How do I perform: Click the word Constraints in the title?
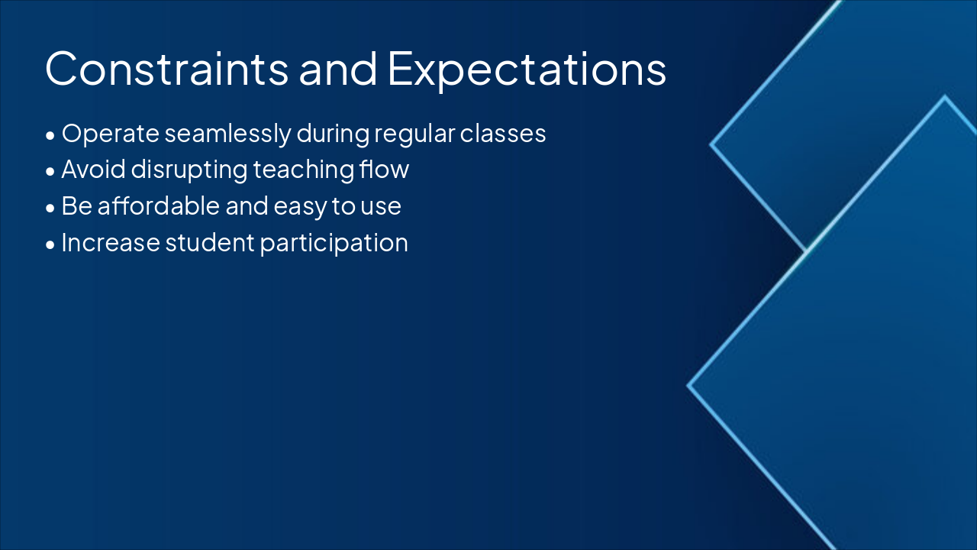click(x=166, y=69)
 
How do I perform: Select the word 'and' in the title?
click(x=338, y=69)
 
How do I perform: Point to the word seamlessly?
click(x=228, y=134)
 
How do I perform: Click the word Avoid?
click(x=94, y=170)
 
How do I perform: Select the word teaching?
click(x=304, y=170)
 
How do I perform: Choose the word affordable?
click(x=158, y=206)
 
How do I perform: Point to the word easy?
click(x=300, y=208)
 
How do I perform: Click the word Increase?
click(x=111, y=243)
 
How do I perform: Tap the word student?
click(x=210, y=243)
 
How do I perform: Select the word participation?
click(x=334, y=244)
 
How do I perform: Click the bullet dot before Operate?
click(x=50, y=136)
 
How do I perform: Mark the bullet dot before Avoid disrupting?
click(x=50, y=172)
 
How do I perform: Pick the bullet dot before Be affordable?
click(x=50, y=209)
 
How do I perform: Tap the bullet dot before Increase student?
click(x=50, y=245)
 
